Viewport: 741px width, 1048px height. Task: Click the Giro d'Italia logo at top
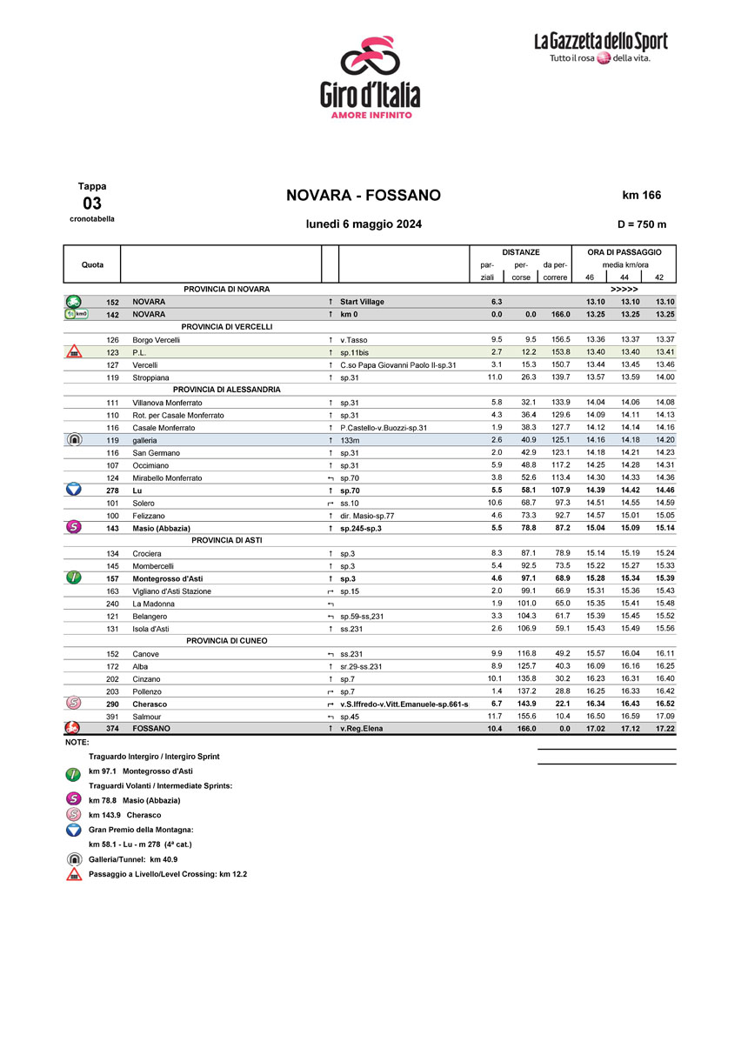(370, 77)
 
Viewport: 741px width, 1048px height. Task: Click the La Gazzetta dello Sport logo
(601, 47)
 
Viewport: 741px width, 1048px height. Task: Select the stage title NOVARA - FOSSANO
(364, 195)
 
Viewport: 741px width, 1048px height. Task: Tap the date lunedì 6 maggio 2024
(364, 224)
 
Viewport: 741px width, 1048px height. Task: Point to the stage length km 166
(644, 195)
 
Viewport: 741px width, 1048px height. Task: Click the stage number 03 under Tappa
(91, 204)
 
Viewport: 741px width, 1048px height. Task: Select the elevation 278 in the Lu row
(112, 491)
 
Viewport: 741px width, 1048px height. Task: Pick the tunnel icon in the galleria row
(74, 440)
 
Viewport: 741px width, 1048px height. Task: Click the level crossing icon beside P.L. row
(74, 352)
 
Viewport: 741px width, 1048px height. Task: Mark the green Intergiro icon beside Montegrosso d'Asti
(74, 577)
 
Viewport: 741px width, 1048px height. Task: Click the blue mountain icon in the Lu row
(74, 490)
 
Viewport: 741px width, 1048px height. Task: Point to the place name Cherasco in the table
(150, 704)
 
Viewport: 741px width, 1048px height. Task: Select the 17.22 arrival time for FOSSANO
(664, 729)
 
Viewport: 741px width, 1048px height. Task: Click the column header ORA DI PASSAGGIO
(624, 252)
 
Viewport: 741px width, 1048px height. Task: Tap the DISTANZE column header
(520, 252)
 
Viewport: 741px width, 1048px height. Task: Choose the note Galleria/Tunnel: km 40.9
(133, 859)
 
